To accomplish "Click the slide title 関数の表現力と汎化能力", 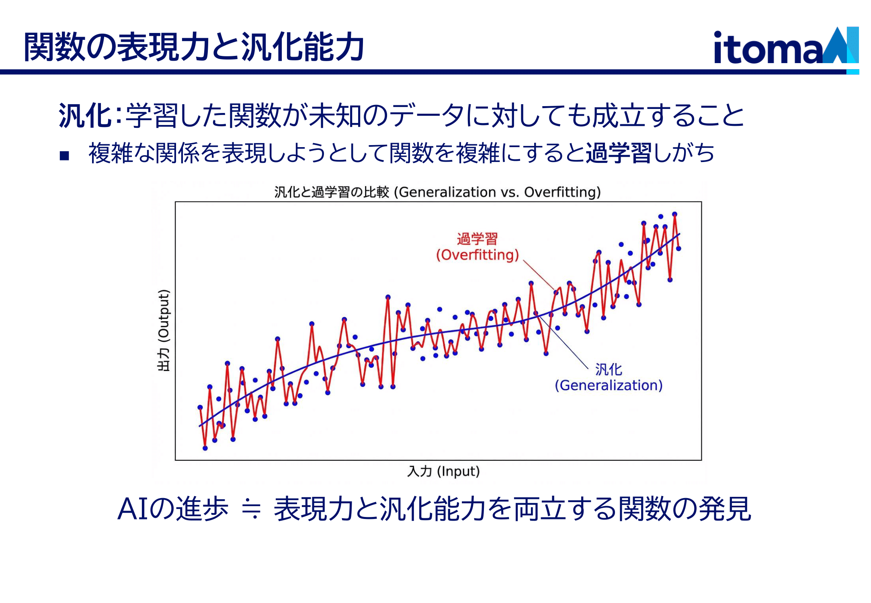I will pos(194,47).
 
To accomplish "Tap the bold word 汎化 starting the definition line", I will pos(85,116).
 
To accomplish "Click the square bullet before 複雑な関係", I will pos(64,156).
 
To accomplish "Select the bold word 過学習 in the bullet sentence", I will pos(618,153).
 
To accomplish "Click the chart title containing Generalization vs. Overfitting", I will pos(437,192).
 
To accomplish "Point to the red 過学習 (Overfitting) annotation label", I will pos(478,247).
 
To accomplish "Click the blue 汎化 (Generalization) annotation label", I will pos(608,377).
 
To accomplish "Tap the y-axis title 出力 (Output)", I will pos(164,330).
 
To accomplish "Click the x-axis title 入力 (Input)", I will pos(443,471).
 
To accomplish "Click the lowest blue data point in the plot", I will pos(205,448).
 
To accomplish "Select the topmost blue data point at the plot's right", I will pos(674,214).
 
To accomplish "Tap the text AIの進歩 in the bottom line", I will pos(173,509).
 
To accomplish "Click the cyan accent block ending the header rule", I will pos(853,72).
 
